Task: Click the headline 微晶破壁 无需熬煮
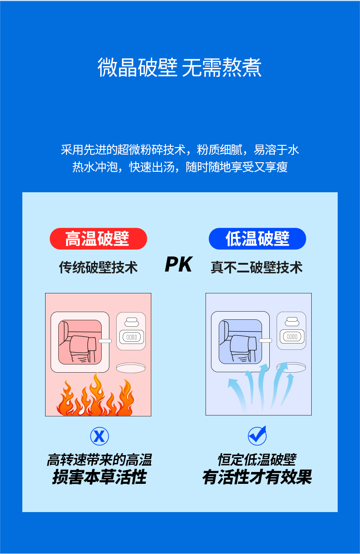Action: pos(180,67)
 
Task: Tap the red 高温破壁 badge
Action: pos(98,239)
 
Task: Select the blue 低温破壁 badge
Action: pos(257,239)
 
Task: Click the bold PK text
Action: pos(179,265)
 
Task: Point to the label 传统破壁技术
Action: pos(98,267)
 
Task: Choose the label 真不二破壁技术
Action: pos(257,267)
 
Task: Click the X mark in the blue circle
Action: pos(99,436)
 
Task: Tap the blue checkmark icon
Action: pos(257,436)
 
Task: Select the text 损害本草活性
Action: pos(99,477)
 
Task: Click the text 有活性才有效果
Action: pos(257,477)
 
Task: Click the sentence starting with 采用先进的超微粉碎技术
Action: pos(180,149)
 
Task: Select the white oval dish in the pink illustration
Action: pos(131,367)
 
